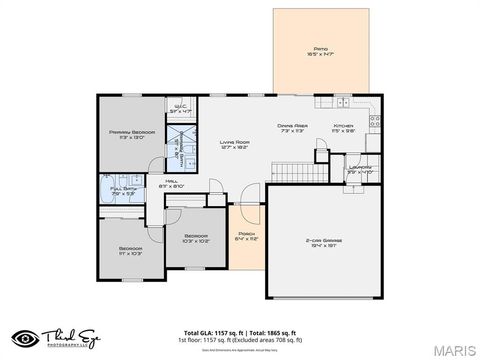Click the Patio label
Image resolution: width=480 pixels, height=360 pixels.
(x=320, y=51)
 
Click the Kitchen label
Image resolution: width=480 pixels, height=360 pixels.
(x=345, y=127)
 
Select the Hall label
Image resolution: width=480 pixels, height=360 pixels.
(x=186, y=183)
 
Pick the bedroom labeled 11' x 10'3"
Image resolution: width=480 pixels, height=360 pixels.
(x=131, y=250)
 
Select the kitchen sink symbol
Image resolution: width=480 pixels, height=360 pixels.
(x=341, y=102)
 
